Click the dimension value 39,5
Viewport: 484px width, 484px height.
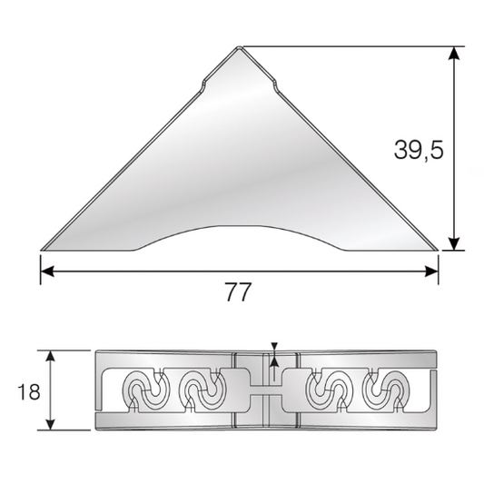[419, 151]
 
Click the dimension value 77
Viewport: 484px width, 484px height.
[236, 292]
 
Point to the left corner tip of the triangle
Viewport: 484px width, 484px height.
[42, 247]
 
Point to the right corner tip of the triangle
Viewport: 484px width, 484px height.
[437, 248]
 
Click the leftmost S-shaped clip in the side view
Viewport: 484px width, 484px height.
[145, 391]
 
